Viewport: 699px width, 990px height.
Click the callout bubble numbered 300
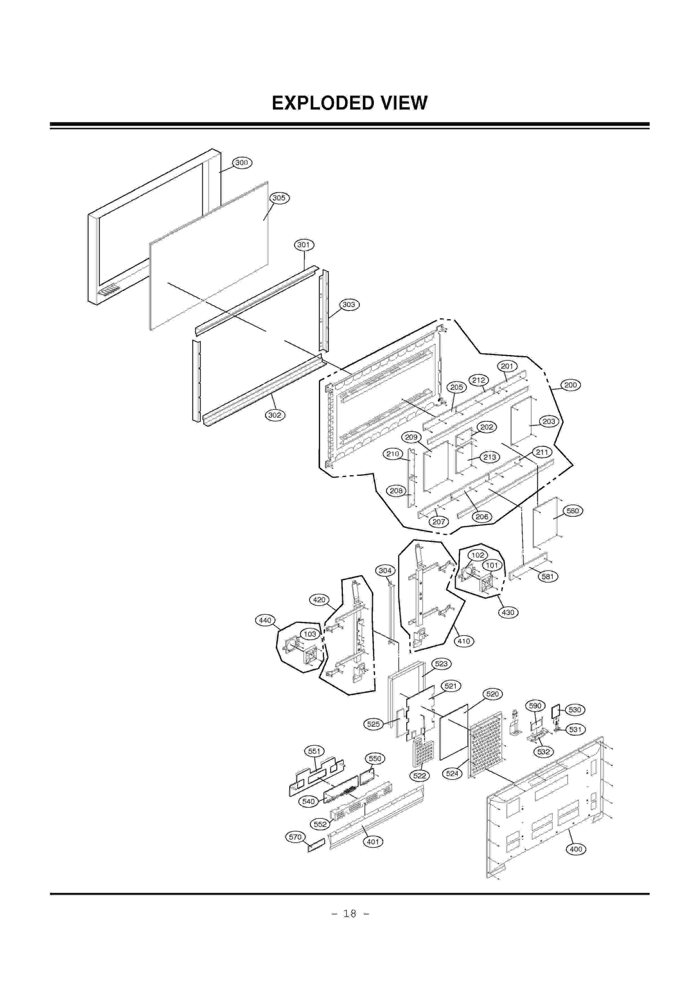tap(242, 163)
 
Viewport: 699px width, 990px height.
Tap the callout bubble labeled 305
tap(279, 198)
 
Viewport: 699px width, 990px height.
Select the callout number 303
tap(349, 304)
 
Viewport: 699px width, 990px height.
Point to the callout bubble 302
tap(275, 415)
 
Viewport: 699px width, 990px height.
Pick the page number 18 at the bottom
tap(349, 913)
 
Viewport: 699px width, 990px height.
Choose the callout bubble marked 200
tap(571, 385)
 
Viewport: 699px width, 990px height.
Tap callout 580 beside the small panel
tap(573, 511)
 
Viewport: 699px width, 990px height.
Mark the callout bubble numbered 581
tap(548, 576)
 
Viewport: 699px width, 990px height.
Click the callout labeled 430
tap(508, 612)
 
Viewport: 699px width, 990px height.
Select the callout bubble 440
tap(265, 620)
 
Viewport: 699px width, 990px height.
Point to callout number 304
tap(385, 571)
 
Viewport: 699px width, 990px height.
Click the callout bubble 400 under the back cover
tap(576, 849)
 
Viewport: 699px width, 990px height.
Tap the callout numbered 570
tap(295, 837)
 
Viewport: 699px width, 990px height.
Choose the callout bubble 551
tap(314, 751)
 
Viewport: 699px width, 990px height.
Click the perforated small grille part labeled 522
tap(423, 754)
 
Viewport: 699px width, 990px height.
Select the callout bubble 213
tap(490, 457)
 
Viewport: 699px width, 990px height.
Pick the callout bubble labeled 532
tap(543, 752)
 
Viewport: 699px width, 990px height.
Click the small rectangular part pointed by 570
tap(316, 845)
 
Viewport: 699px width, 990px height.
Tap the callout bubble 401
tap(373, 842)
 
